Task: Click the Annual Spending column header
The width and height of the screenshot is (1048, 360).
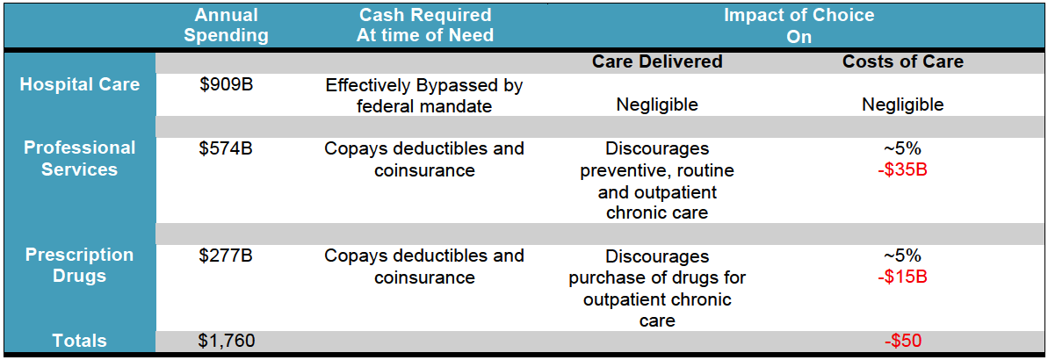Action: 226,25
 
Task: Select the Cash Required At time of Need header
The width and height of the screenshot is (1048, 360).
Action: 425,25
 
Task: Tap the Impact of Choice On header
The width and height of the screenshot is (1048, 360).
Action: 799,25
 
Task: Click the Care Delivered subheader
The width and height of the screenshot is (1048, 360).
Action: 658,61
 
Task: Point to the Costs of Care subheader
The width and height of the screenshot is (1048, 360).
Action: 902,61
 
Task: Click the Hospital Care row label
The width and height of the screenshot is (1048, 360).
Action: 80,85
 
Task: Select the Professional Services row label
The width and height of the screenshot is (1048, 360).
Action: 80,158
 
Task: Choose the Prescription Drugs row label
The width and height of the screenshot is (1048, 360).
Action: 80,265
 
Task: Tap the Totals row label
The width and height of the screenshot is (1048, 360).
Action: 80,341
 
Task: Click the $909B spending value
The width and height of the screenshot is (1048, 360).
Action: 226,85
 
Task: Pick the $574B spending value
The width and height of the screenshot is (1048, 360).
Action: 226,148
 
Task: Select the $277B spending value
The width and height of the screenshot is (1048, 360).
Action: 226,256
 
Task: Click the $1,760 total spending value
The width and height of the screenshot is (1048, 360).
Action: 226,341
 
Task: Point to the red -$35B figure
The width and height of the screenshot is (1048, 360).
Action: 902,169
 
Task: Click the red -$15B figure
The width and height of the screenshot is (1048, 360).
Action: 902,277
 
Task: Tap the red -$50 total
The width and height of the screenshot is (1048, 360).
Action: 902,341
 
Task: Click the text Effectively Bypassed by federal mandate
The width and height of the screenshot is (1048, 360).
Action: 424,96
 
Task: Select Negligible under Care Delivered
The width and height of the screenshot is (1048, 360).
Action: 658,104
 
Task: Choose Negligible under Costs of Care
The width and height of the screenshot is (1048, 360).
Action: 902,104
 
